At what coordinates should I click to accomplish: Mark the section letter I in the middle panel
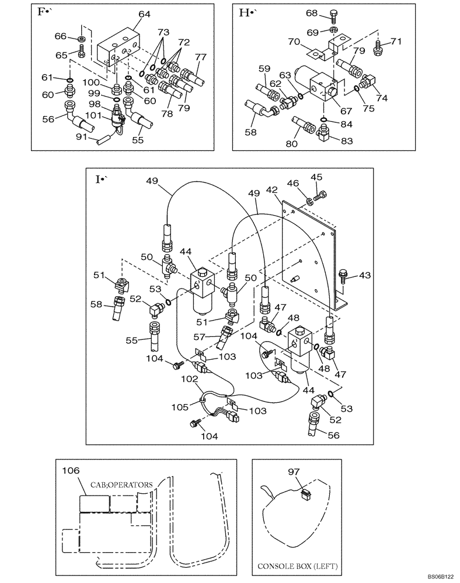[98, 179]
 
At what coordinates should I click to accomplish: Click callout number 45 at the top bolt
[316, 178]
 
